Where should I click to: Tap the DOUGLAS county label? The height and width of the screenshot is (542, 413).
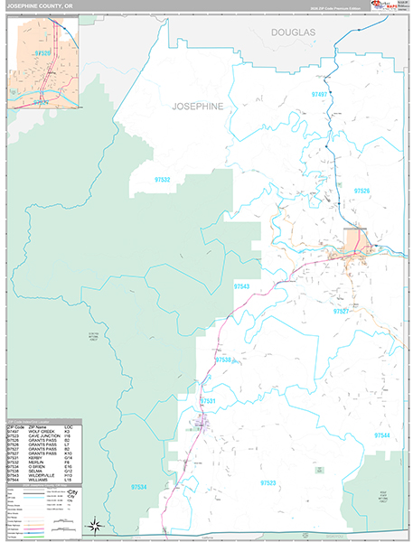[x=293, y=32]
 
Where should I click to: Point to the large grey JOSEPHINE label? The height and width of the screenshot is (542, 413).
[x=195, y=106]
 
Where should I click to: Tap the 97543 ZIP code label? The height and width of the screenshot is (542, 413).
[x=242, y=286]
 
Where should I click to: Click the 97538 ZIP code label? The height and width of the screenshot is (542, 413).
[x=224, y=360]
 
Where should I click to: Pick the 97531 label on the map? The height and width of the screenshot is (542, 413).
[x=208, y=400]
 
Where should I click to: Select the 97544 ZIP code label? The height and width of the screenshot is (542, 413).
[x=384, y=435]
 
